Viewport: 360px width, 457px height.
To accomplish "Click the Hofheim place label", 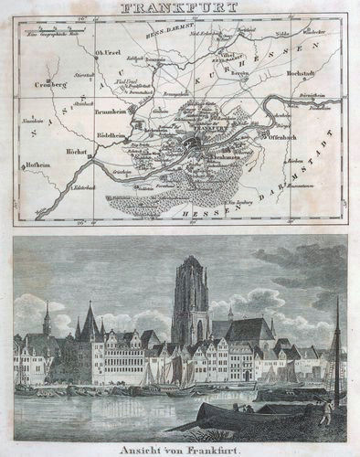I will [x=36, y=165].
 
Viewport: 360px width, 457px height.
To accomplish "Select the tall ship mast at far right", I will [x=337, y=347].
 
